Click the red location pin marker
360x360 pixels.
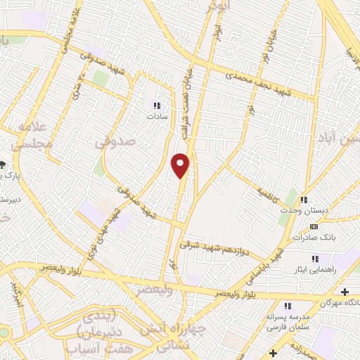click(181, 166)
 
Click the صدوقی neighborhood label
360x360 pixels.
click(114, 142)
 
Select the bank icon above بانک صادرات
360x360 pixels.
click(314, 227)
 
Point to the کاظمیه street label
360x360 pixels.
click(268, 191)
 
